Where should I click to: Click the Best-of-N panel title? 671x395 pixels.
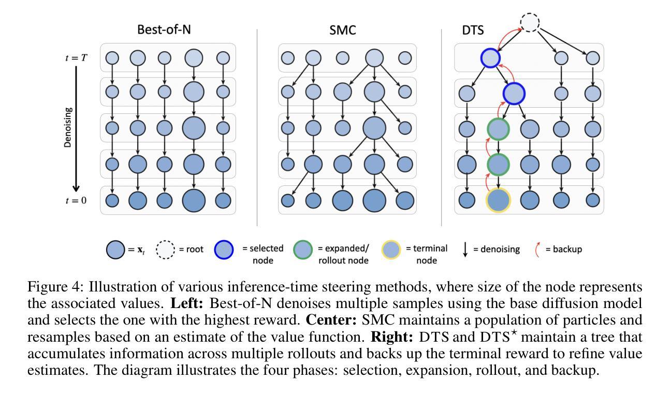[164, 30]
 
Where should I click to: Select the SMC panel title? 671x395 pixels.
[343, 30]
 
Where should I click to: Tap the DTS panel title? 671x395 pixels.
[473, 30]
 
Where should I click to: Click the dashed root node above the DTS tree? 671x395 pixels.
[530, 22]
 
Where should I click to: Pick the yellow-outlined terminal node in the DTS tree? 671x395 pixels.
[498, 200]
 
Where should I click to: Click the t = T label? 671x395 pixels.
[76, 57]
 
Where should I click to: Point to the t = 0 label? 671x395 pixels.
[76, 200]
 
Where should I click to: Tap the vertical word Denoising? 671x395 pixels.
[68, 127]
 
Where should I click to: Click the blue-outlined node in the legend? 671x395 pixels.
[224, 250]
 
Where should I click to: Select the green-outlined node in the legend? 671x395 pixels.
[303, 250]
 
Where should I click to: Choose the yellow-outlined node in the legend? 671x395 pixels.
[391, 250]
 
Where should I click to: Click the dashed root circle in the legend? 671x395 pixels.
[165, 250]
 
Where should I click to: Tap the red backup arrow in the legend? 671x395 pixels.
[537, 250]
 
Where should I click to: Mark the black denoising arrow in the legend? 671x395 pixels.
[465, 250]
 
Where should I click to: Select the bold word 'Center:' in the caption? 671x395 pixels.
[331, 320]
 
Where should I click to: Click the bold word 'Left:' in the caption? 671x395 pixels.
[187, 303]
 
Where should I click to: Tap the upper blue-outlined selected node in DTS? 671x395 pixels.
[490, 58]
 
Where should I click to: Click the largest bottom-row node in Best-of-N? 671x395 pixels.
[194, 200]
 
